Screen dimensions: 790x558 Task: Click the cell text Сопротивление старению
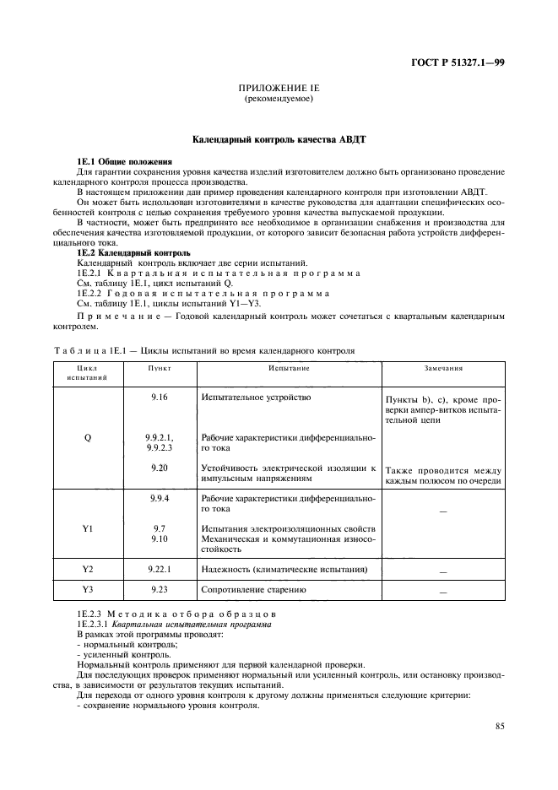click(x=252, y=591)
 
